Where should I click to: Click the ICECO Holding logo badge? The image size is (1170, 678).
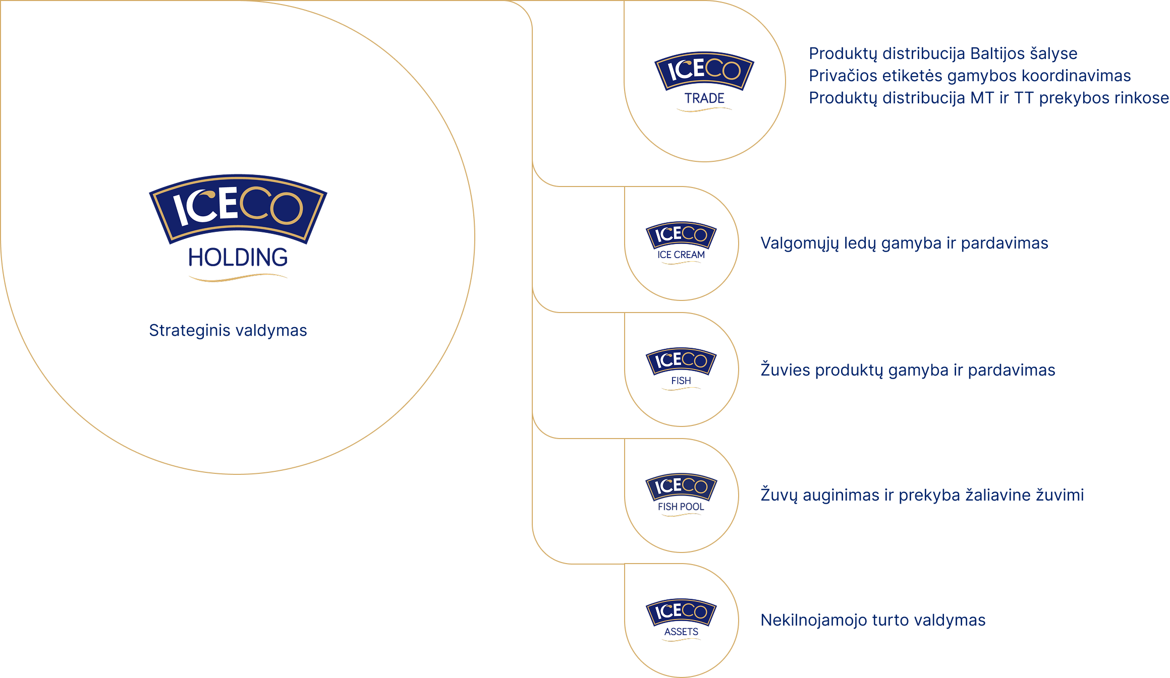click(238, 208)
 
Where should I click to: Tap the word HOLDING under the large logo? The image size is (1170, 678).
click(238, 258)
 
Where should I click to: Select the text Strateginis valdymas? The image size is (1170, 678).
click(228, 331)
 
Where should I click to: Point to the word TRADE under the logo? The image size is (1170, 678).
click(704, 98)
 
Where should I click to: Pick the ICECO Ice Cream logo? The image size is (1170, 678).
click(681, 234)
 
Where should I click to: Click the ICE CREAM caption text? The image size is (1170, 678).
click(681, 255)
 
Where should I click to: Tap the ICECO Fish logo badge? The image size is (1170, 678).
click(681, 360)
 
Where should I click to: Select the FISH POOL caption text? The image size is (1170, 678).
click(681, 507)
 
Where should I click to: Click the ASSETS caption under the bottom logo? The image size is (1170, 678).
click(681, 632)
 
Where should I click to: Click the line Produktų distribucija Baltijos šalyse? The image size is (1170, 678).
click(942, 53)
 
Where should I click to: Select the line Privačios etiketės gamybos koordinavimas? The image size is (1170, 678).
click(969, 76)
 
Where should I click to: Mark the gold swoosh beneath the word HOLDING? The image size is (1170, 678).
click(238, 278)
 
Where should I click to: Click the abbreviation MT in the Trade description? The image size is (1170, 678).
click(982, 98)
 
